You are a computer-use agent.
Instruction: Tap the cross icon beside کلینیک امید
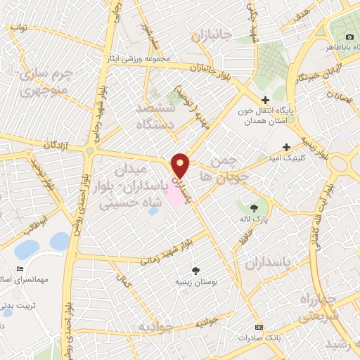pos(286,147)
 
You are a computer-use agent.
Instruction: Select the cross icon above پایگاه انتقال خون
pos(264,101)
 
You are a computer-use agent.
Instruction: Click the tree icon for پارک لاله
pos(253,207)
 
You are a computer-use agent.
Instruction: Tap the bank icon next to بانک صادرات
pos(259,327)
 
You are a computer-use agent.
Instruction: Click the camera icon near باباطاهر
pos(350,37)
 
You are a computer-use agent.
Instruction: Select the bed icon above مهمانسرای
pos(20,269)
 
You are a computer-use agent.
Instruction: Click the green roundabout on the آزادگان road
pos(89,150)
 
